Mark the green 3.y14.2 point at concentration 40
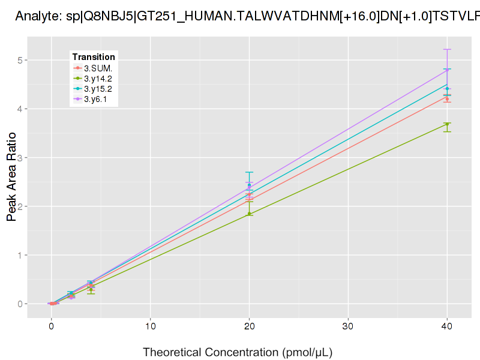click(447, 124)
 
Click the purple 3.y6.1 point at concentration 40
click(447, 70)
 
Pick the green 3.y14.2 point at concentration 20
click(249, 214)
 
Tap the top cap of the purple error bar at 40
click(447, 49)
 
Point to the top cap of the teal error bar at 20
click(249, 172)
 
